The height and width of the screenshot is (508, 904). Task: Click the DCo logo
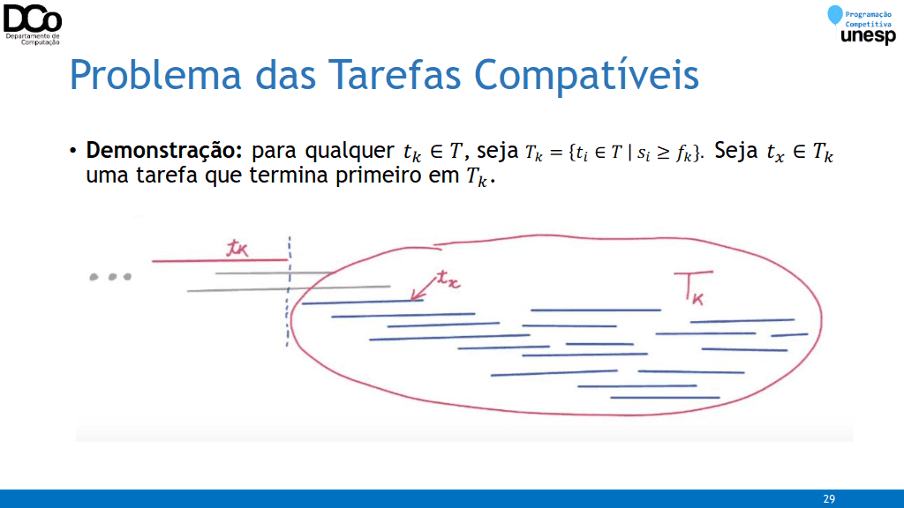click(33, 24)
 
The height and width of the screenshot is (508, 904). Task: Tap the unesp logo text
click(869, 36)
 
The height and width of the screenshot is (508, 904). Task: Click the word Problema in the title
click(155, 76)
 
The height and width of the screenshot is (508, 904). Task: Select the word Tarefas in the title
click(395, 75)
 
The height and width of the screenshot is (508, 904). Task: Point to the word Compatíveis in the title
click(586, 76)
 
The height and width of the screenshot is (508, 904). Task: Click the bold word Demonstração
click(163, 151)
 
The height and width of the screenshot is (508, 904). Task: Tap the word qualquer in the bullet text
click(350, 152)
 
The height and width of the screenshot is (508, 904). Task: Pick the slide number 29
click(829, 499)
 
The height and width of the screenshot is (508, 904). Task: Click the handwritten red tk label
click(237, 248)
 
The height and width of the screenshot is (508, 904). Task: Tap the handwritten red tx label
click(448, 280)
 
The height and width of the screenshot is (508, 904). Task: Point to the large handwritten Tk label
click(694, 288)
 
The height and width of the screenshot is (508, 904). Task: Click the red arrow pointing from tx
click(423, 288)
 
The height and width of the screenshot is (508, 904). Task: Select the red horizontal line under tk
click(220, 261)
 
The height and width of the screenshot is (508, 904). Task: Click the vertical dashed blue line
click(289, 291)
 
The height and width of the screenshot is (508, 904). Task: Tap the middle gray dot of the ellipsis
click(112, 277)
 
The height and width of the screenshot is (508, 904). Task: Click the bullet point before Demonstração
click(72, 152)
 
